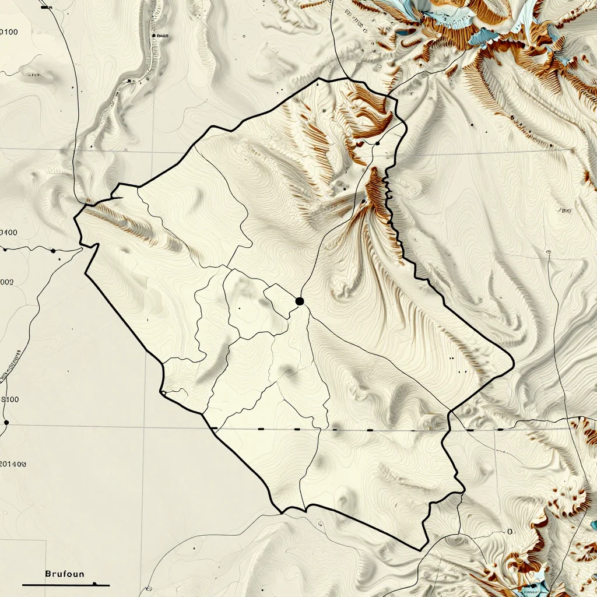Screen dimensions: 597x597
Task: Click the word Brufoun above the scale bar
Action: (64, 574)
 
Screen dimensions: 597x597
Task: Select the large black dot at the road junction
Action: (300, 301)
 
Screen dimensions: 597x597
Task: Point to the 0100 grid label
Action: (8, 32)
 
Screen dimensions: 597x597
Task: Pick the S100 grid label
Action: (9, 399)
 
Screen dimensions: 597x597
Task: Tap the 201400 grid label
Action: (13, 465)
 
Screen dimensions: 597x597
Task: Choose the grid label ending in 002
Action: (7, 282)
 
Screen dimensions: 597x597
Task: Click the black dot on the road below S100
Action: (6, 422)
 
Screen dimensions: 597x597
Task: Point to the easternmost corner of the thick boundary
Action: (514, 365)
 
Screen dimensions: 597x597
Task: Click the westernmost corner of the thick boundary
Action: (75, 218)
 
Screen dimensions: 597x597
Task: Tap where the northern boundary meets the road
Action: (347, 79)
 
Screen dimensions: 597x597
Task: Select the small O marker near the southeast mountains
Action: (510, 532)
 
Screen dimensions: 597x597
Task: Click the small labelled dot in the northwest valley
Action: (153, 36)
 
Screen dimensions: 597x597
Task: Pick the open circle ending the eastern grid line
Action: (549, 252)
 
